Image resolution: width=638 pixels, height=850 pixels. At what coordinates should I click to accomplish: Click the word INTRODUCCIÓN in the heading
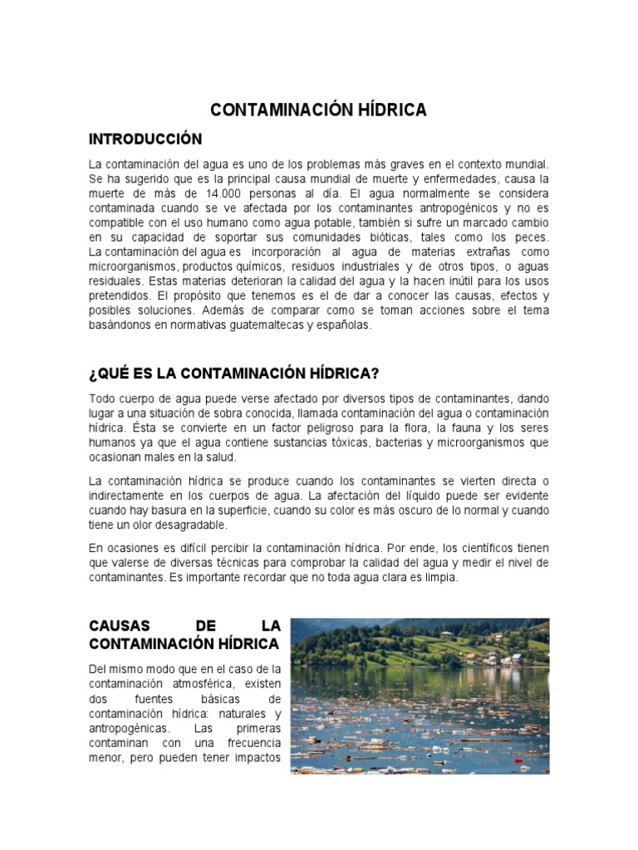coord(145,138)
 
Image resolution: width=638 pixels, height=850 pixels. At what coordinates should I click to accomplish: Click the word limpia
coord(439,578)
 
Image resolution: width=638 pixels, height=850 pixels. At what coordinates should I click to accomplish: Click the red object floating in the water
coord(519,760)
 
